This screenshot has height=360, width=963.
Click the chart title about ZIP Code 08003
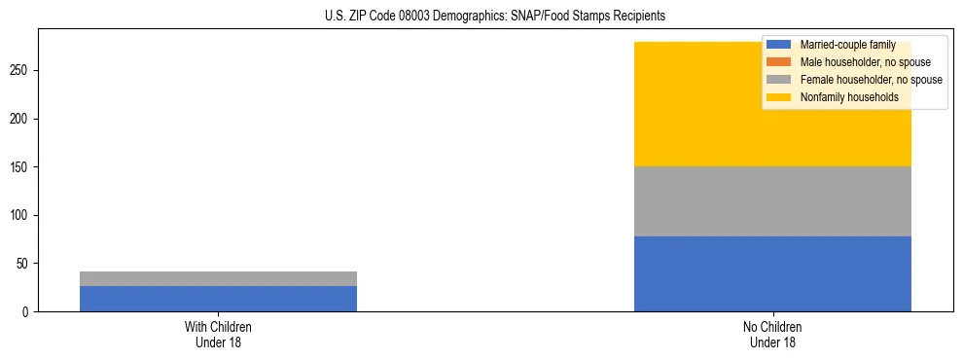(495, 17)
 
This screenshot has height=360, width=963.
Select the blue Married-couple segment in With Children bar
(218, 299)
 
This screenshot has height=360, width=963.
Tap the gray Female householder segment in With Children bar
(218, 278)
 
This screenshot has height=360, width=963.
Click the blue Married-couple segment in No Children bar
(772, 273)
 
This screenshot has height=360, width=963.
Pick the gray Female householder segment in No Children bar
(772, 201)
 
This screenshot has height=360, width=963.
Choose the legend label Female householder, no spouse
(871, 80)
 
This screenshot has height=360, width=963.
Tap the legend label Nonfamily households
(849, 97)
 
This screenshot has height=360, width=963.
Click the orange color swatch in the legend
(779, 62)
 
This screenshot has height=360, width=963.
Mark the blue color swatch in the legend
(779, 45)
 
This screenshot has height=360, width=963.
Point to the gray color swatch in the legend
(779, 80)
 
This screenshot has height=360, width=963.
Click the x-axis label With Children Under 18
(218, 334)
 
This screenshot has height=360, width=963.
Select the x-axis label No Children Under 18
(772, 334)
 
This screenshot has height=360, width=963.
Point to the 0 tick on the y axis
(27, 312)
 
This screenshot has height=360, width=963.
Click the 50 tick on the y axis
(24, 264)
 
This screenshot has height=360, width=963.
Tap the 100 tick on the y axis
(21, 215)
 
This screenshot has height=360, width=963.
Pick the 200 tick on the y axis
(21, 119)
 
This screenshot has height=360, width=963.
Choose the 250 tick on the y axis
(21, 71)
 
